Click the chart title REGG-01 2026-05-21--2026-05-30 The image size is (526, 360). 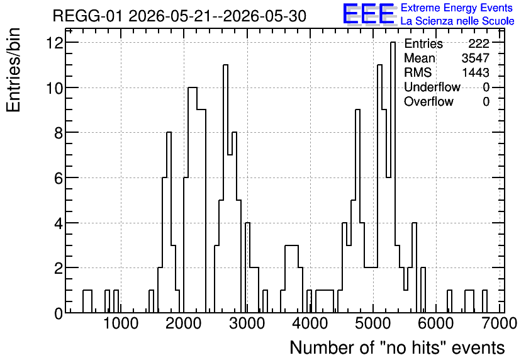pyautogui.click(x=179, y=16)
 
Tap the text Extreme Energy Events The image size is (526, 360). pyautogui.click(x=457, y=8)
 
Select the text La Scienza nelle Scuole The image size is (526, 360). pyautogui.click(x=457, y=21)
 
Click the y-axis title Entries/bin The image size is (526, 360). pyautogui.click(x=14, y=70)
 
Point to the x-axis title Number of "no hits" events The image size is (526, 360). pyautogui.click(x=397, y=347)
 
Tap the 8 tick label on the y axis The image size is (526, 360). pyautogui.click(x=59, y=133)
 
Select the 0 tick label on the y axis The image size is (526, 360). pyautogui.click(x=59, y=313)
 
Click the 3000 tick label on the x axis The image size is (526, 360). pyautogui.click(x=247, y=323)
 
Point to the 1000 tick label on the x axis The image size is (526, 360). pyautogui.click(x=121, y=323)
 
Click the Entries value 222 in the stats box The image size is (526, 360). pyautogui.click(x=479, y=43)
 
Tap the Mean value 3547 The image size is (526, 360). pyautogui.click(x=476, y=58)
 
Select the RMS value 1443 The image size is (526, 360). pyautogui.click(x=476, y=72)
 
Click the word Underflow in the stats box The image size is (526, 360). pyautogui.click(x=432, y=87)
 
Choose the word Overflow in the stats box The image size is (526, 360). pyautogui.click(x=428, y=101)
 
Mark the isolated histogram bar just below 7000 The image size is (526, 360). pyautogui.click(x=484, y=301)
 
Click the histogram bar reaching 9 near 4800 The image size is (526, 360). pyautogui.click(x=357, y=211)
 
